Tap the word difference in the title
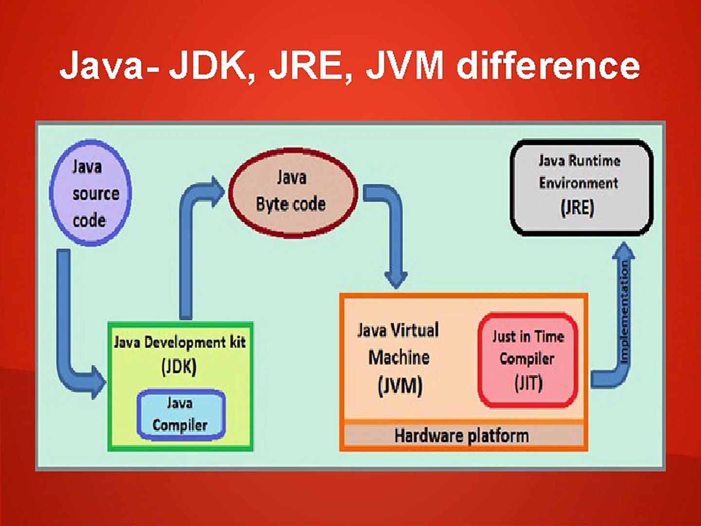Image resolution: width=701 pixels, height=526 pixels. click(x=548, y=66)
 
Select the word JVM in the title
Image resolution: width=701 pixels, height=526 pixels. click(x=405, y=66)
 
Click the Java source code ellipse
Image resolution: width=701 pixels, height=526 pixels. click(x=90, y=193)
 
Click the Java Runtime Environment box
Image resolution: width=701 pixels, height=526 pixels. click(x=581, y=187)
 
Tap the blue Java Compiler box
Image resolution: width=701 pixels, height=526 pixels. click(x=181, y=414)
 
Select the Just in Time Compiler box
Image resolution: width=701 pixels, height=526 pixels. click(x=528, y=359)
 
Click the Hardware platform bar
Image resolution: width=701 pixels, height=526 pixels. click(x=462, y=435)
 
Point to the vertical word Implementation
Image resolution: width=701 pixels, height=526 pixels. click(x=624, y=312)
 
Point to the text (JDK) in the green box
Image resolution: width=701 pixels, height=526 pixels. click(x=179, y=366)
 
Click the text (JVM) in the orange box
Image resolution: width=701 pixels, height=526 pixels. click(x=400, y=386)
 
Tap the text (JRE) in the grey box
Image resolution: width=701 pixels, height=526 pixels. click(x=577, y=208)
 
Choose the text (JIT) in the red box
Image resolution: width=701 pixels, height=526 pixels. click(x=528, y=383)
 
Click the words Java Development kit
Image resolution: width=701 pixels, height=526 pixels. click(x=180, y=342)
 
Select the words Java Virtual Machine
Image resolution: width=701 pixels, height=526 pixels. click(x=399, y=344)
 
